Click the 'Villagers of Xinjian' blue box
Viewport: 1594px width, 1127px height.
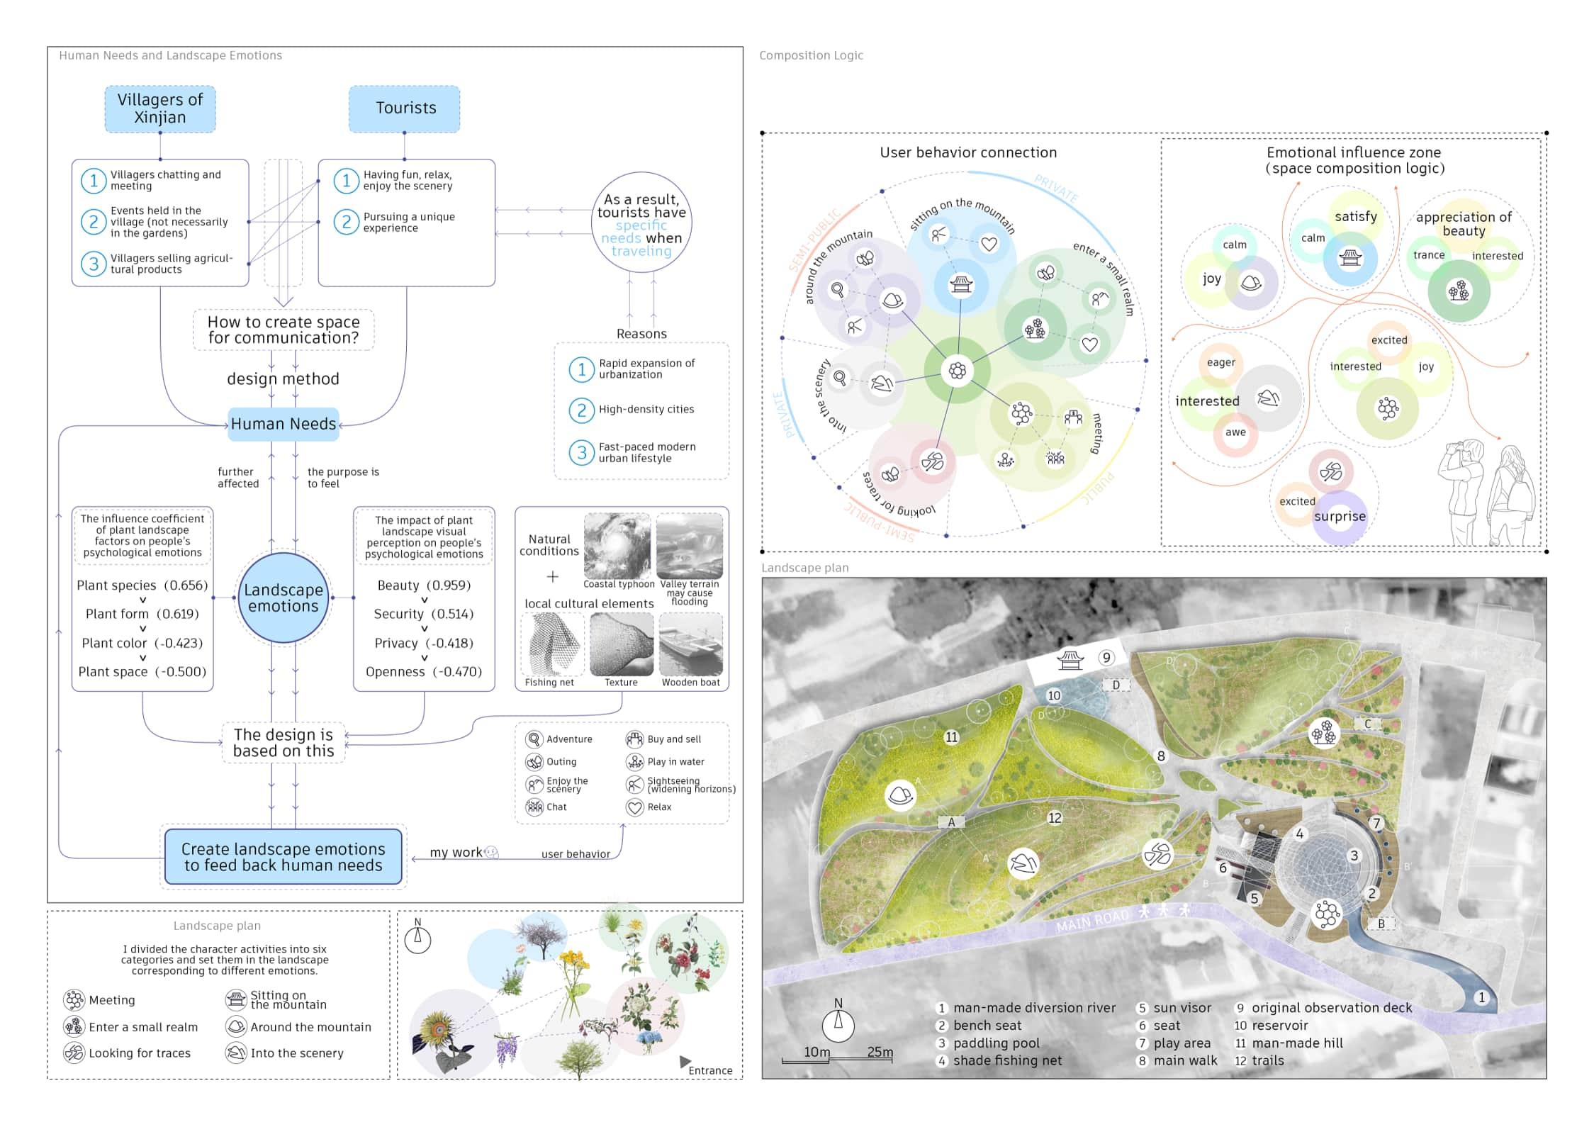pos(160,109)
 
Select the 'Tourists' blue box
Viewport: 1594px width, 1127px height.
pos(405,108)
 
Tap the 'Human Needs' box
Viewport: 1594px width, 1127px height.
pos(284,424)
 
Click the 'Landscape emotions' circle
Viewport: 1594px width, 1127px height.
pos(284,598)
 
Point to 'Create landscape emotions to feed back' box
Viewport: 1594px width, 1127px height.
pos(284,857)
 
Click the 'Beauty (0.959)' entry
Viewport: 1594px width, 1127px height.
pos(424,585)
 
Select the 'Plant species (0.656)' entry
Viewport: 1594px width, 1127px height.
pos(142,585)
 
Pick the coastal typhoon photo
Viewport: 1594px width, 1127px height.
pos(617,546)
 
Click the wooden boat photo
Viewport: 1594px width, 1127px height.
pos(691,644)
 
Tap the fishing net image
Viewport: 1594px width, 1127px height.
pos(553,644)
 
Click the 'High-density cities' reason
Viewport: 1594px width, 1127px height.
pos(646,410)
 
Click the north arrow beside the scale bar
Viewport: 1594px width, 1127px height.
pos(838,1022)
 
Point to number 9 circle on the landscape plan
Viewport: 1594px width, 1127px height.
pos(1106,658)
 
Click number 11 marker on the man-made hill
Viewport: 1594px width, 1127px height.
pos(951,737)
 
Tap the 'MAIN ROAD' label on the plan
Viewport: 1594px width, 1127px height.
pos(1091,920)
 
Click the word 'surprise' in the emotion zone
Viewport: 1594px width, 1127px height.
pos(1340,517)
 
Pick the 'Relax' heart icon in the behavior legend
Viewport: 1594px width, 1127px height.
pos(634,807)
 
